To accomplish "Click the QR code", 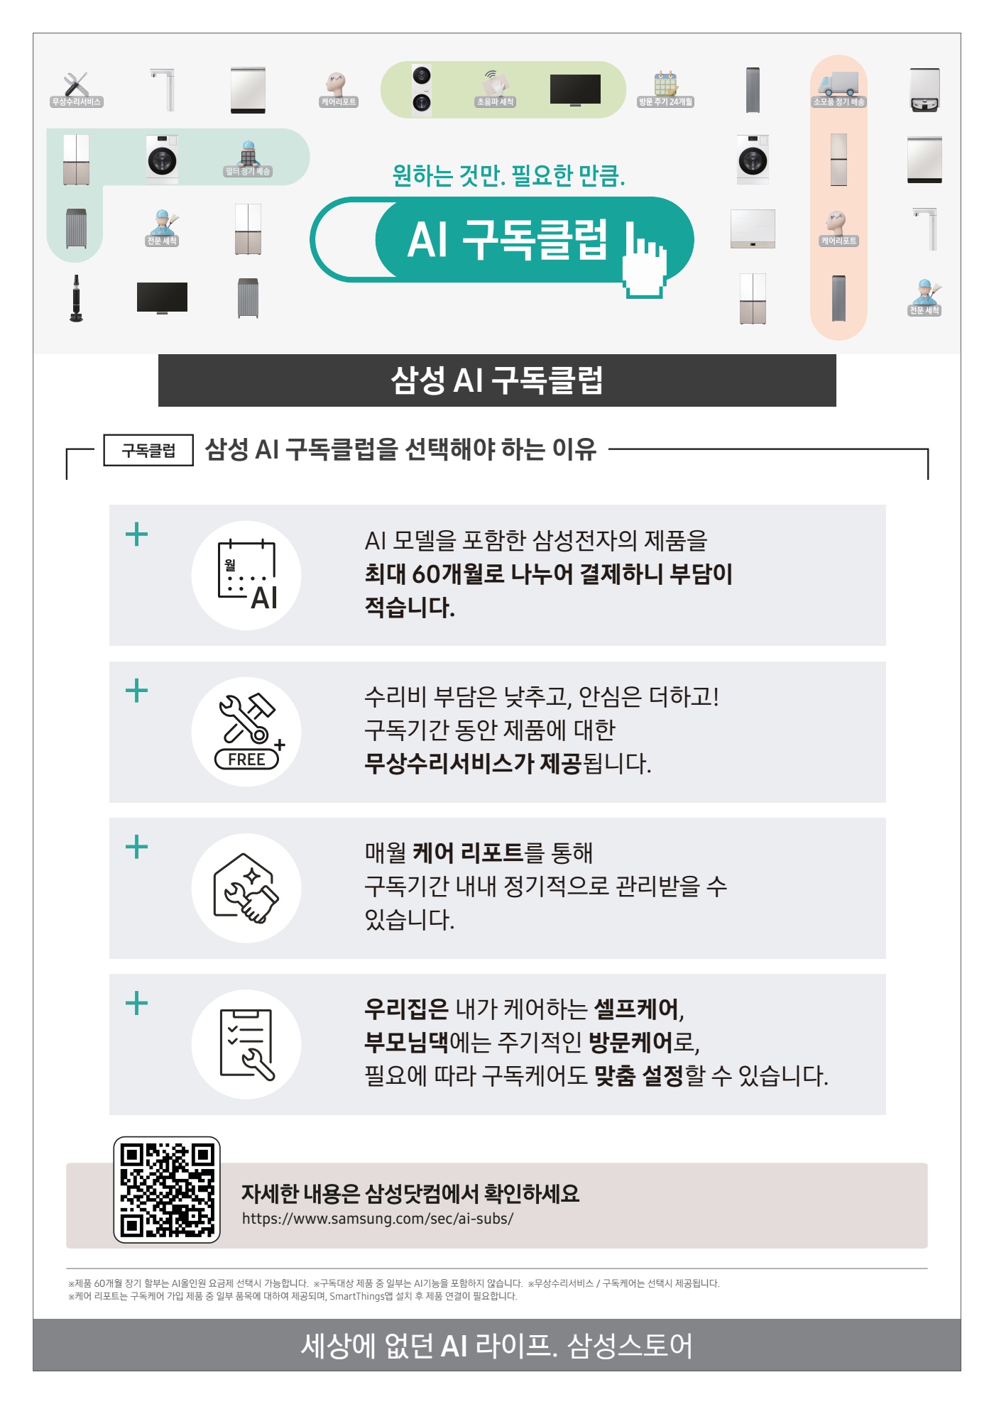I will (167, 1190).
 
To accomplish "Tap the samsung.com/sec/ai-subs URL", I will (377, 1219).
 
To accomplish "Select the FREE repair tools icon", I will (246, 732).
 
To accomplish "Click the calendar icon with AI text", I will (246, 576).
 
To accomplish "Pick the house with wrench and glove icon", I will (246, 888).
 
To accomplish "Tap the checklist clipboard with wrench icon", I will (246, 1044).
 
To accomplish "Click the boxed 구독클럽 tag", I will (148, 450).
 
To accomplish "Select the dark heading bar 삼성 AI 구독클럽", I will (497, 380).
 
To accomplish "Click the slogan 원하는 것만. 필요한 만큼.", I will (508, 175).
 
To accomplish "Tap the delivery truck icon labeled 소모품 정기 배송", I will (839, 86).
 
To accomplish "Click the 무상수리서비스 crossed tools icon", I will (76, 86).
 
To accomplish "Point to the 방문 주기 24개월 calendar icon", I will (665, 86).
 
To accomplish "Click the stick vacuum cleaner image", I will (76, 299).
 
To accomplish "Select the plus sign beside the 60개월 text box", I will (136, 534).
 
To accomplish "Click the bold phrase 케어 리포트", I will (467, 852).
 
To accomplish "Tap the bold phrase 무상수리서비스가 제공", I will (472, 764).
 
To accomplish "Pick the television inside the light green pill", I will (575, 89).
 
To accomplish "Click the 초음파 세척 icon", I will (495, 87).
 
